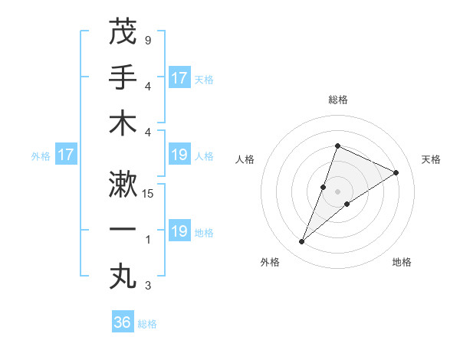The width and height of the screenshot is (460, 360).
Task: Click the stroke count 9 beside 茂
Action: (148, 40)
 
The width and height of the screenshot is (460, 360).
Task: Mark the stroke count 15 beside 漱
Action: (149, 194)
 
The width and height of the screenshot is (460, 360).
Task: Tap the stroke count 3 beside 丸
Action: (148, 286)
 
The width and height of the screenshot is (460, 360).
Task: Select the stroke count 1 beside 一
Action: (148, 241)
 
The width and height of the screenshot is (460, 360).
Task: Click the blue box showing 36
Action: (123, 322)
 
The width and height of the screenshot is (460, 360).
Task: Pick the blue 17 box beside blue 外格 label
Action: (66, 155)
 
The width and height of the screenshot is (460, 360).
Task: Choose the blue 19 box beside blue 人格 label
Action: (179, 155)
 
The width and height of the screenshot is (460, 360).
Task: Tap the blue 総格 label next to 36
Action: (147, 324)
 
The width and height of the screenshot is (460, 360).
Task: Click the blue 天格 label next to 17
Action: (204, 79)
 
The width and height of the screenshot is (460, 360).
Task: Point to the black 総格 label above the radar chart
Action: (337, 100)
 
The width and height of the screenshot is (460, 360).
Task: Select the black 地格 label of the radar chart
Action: (402, 263)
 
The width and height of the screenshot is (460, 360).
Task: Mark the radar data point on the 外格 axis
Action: (302, 242)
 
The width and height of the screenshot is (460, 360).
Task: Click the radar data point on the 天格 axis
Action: (396, 173)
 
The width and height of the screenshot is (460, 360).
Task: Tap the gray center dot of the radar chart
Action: (337, 191)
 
